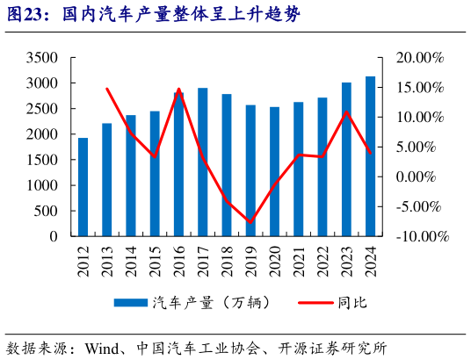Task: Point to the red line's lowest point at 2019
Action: (x=250, y=222)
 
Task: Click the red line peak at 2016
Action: (x=179, y=89)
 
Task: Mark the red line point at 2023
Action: (x=346, y=112)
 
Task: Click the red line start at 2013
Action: (x=107, y=89)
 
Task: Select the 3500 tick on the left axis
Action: (x=42, y=58)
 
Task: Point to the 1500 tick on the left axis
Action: (x=42, y=160)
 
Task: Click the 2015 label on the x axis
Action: (x=155, y=260)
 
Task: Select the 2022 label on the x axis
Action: (x=322, y=260)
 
